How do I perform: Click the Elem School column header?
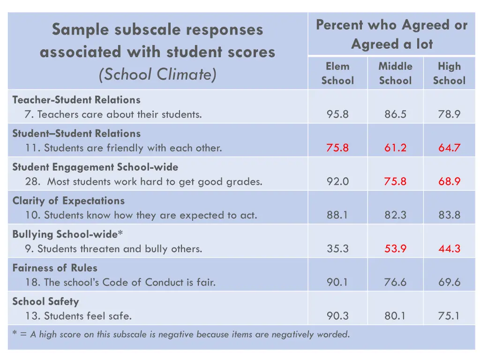tap(337, 74)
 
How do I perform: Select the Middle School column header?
tap(395, 74)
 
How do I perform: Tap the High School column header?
tap(449, 74)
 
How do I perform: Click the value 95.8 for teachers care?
tap(337, 114)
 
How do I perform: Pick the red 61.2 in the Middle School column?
tap(395, 148)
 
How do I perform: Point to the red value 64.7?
tap(449, 148)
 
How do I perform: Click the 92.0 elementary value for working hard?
tap(337, 181)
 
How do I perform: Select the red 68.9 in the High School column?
tap(449, 181)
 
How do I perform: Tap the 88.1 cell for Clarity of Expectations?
tap(337, 215)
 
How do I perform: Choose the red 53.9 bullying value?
tap(395, 248)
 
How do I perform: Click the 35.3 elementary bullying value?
tap(337, 248)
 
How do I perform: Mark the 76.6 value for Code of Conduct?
tap(395, 282)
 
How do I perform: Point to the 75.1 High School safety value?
tap(449, 316)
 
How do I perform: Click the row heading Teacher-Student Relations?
tap(76, 100)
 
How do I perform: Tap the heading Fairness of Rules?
tap(55, 268)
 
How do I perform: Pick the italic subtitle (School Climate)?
tap(157, 74)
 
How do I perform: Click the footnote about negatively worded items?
tap(180, 334)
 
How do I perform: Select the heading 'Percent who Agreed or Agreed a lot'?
tap(391, 34)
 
